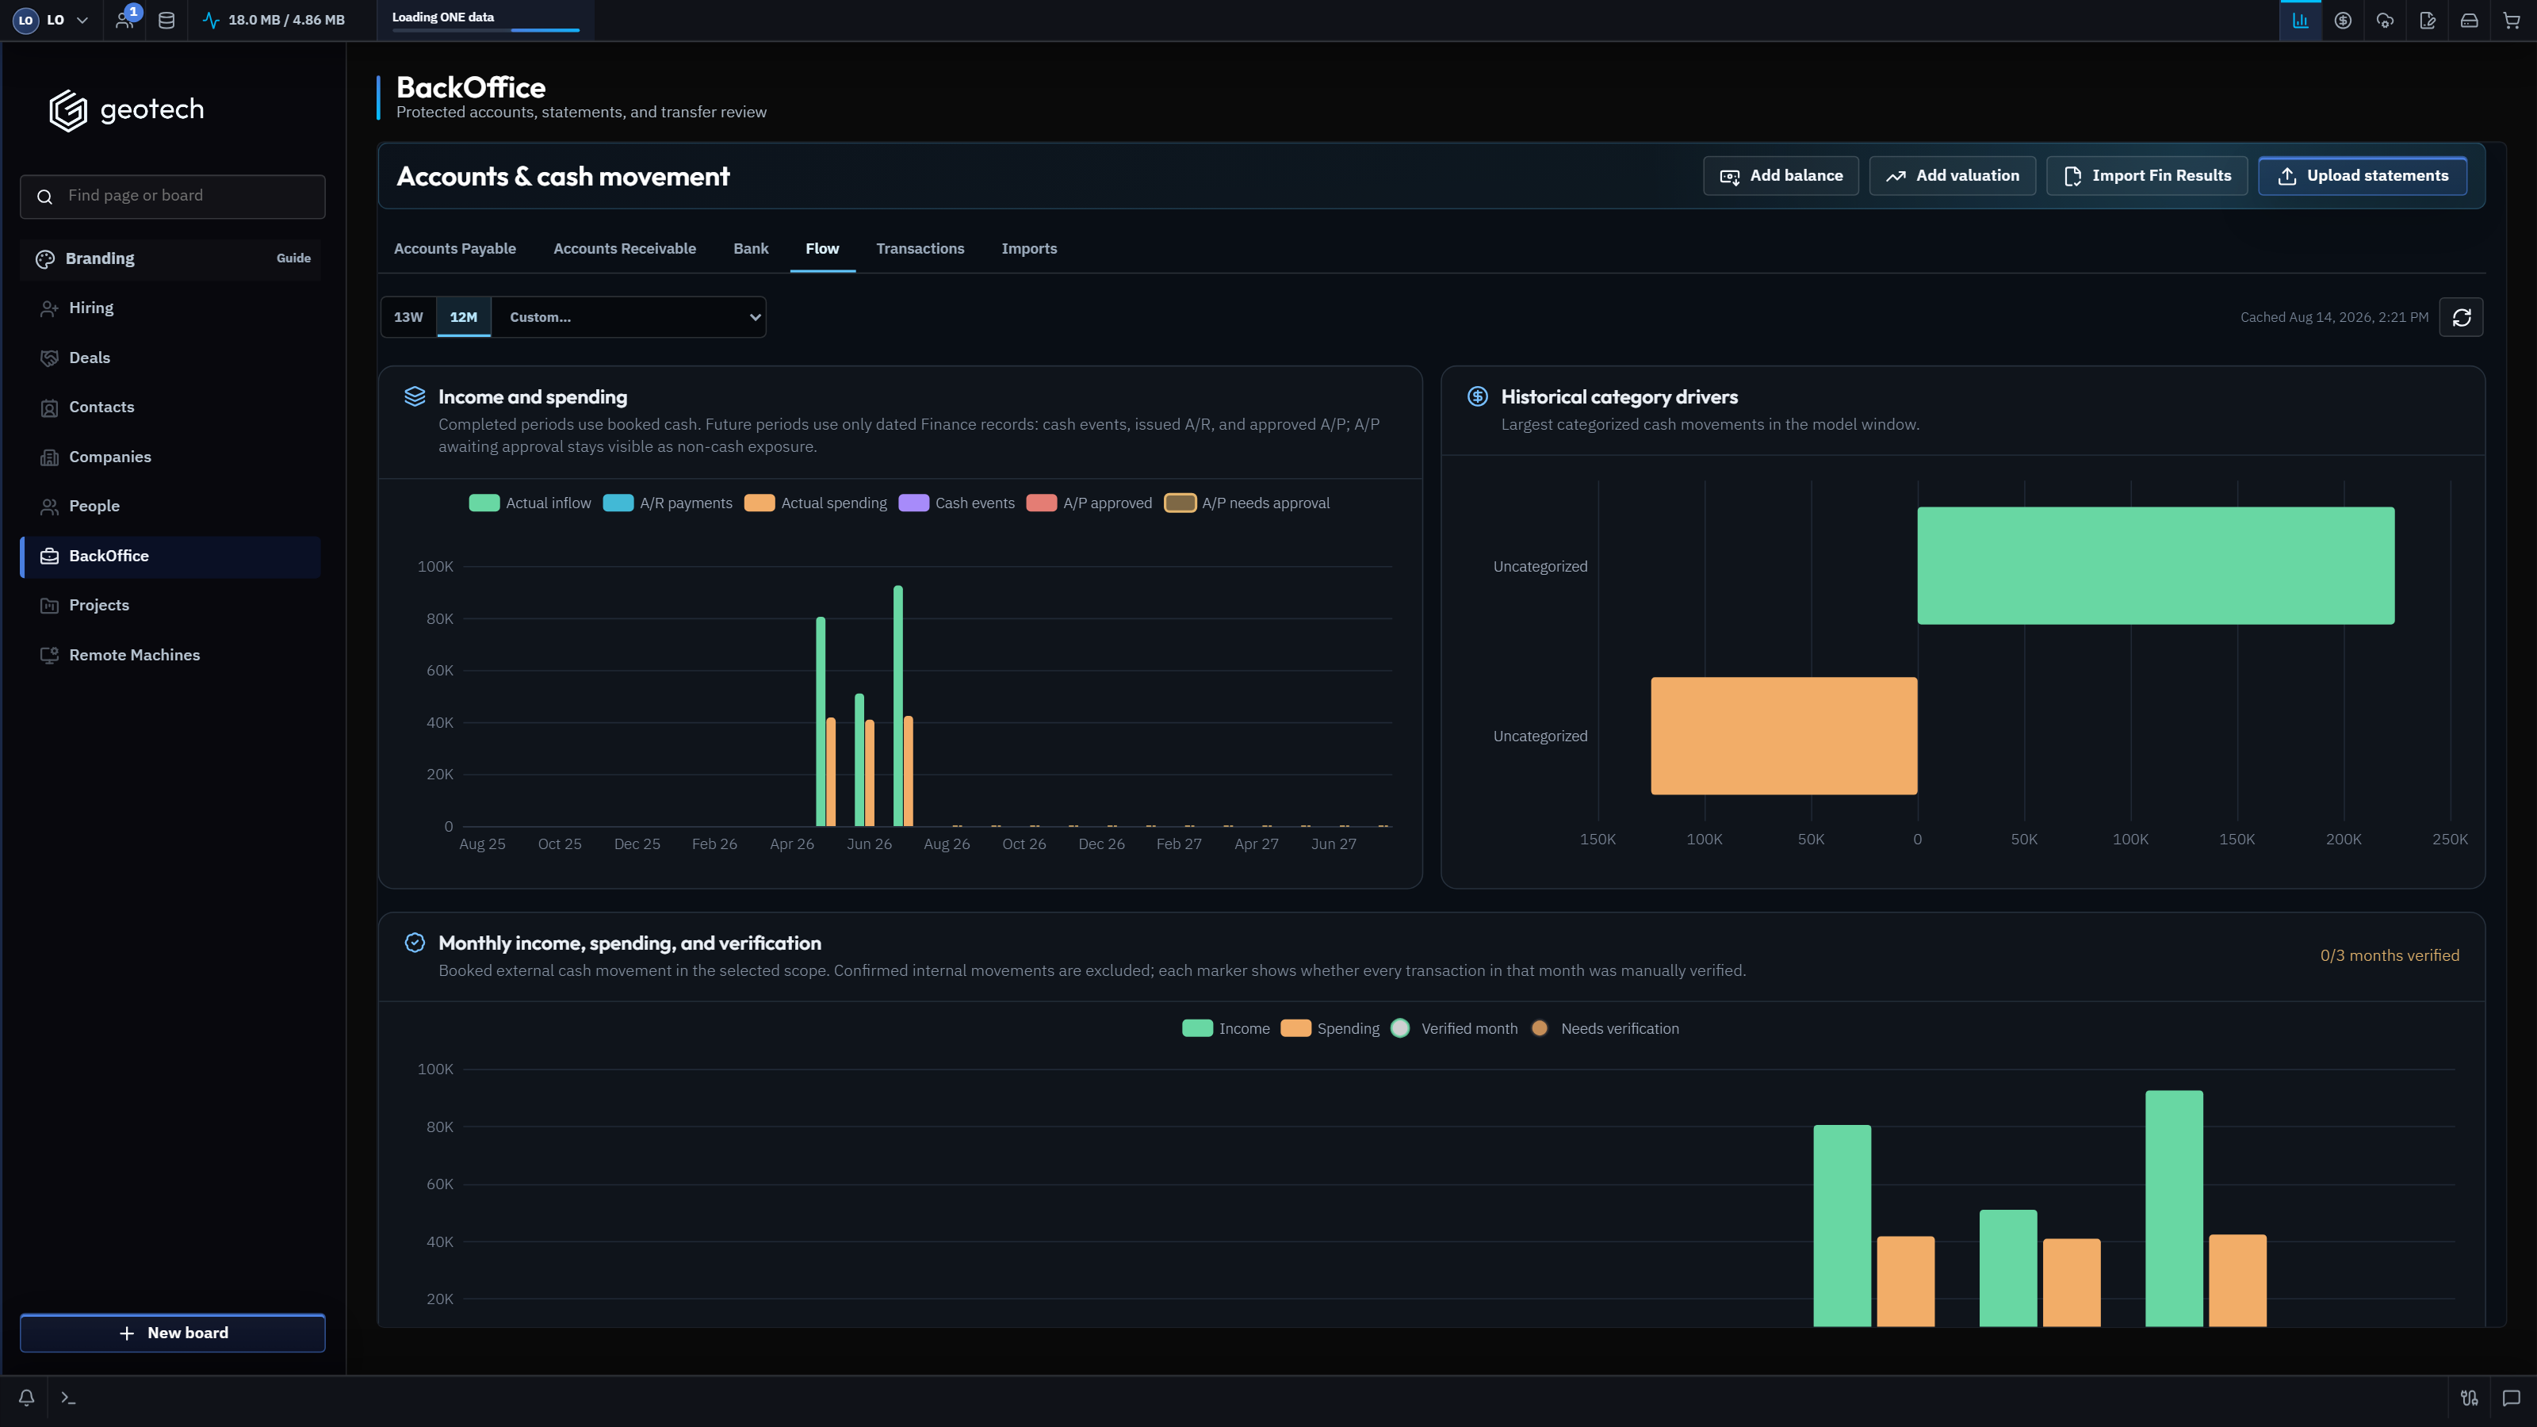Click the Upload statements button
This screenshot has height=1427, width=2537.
[2362, 176]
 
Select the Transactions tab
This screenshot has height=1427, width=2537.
[920, 249]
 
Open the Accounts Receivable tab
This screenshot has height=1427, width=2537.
[625, 249]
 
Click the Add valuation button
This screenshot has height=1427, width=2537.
[1952, 176]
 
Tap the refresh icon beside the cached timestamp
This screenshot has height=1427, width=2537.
[2461, 317]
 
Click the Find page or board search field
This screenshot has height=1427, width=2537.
[172, 196]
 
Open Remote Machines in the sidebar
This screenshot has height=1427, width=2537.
[134, 655]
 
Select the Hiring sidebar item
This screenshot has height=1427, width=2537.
[90, 308]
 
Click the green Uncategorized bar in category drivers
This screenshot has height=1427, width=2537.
[2156, 565]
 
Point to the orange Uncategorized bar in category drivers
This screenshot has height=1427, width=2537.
[1785, 736]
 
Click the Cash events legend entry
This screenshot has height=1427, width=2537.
[957, 503]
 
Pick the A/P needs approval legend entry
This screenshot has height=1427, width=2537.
[1247, 503]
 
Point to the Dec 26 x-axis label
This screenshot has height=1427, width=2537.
[1101, 844]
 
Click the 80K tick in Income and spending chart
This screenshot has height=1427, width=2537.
[439, 618]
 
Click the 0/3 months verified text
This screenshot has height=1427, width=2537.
[2390, 955]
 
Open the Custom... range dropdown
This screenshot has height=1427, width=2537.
[629, 317]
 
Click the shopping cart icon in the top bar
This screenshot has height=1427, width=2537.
[2512, 21]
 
